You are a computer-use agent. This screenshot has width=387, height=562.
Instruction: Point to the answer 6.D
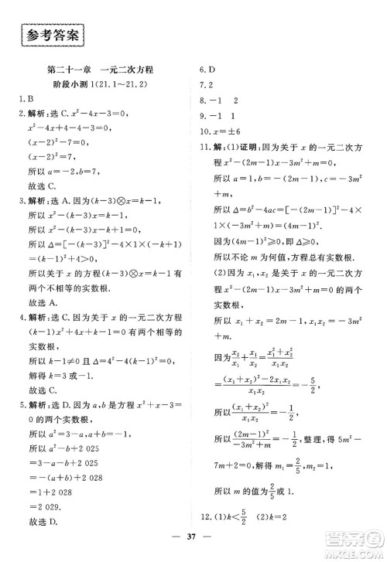tap(207, 69)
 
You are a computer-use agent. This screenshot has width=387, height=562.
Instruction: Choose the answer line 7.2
tap(207, 84)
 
